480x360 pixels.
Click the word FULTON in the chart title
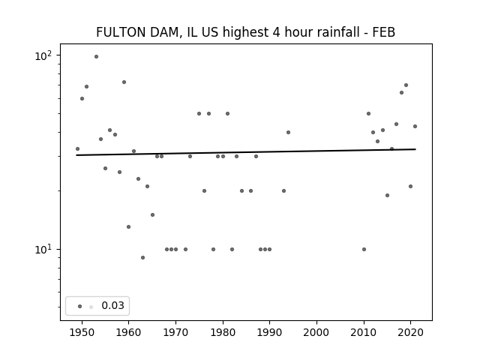tap(119, 32)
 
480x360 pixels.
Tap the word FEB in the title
tap(382, 32)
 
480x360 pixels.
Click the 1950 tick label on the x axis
tap(82, 332)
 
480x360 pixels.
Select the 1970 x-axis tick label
tap(175, 332)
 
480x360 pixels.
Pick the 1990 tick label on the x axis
tap(270, 332)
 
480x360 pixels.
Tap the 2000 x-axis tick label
tap(316, 332)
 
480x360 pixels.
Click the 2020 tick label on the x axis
tap(411, 332)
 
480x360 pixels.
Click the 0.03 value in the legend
tap(112, 305)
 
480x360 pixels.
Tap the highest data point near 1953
tap(96, 56)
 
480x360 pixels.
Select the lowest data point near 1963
tap(142, 257)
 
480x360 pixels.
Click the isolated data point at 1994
tap(288, 132)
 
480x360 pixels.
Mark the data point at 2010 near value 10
tap(364, 249)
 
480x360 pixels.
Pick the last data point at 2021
tap(415, 126)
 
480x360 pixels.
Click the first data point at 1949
tap(77, 148)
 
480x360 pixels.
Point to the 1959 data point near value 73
tap(124, 82)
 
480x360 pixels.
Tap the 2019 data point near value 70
tap(406, 85)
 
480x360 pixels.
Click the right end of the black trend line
tap(415, 149)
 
